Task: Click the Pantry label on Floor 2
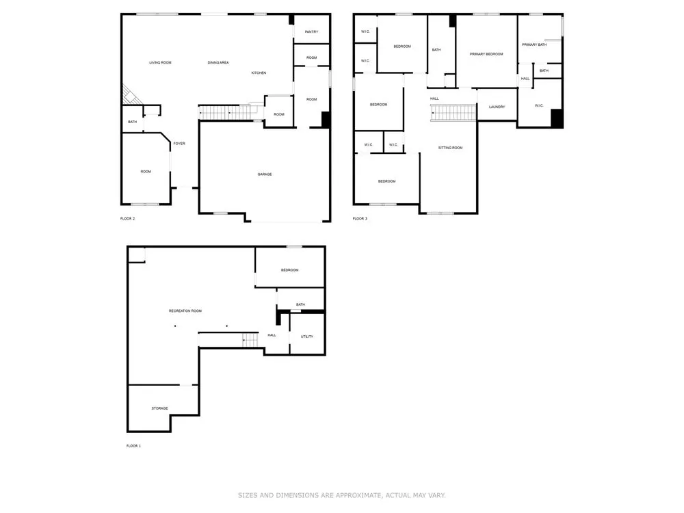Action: [311, 32]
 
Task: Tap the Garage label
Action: [264, 174]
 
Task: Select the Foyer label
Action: [179, 144]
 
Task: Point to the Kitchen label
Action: [259, 73]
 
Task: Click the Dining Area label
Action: [218, 63]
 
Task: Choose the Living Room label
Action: [160, 63]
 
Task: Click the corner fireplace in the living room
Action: [131, 95]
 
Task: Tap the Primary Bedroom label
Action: [486, 54]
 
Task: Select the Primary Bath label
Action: [534, 44]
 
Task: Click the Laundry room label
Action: [497, 107]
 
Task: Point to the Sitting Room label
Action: [450, 148]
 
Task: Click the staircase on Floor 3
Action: [453, 113]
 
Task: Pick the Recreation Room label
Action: [185, 311]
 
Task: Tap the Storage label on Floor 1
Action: [159, 408]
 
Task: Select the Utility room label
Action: [306, 337]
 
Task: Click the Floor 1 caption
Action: [133, 446]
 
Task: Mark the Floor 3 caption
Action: [360, 219]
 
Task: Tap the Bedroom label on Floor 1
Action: [289, 270]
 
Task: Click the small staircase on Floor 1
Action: [250, 339]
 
